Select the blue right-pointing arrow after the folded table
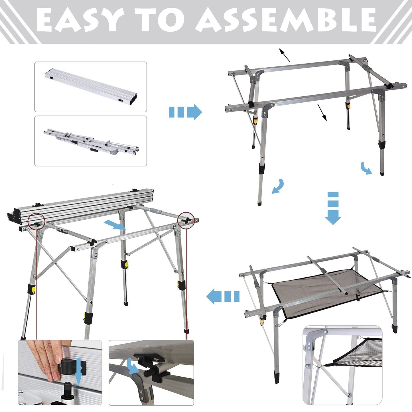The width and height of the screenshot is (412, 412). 185,112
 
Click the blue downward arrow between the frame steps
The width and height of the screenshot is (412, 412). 333,208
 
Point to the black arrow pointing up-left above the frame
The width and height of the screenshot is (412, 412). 284,55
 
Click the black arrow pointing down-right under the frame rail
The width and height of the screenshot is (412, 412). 322,113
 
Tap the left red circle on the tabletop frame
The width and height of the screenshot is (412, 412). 36,221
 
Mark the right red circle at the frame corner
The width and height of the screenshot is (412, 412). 185,220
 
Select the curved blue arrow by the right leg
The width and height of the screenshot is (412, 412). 366,168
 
